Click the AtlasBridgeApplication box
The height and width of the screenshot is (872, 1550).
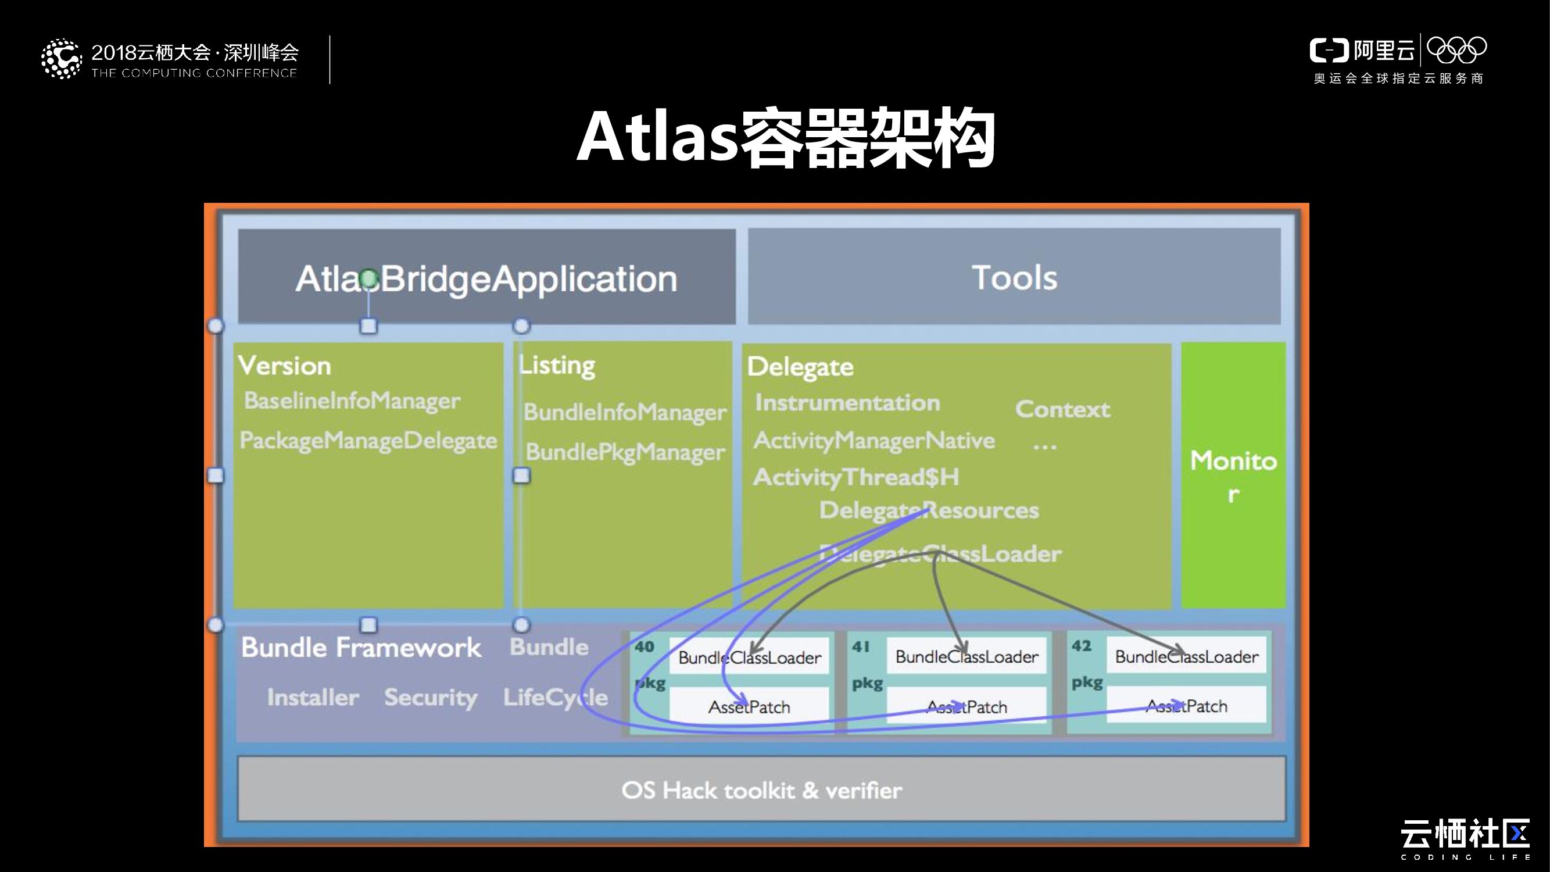click(x=486, y=278)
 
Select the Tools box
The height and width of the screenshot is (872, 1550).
click(x=1014, y=277)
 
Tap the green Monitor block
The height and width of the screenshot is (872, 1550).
click(x=1233, y=476)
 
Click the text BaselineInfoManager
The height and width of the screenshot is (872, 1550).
click(x=352, y=401)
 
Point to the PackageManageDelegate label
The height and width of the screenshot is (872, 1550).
click(x=368, y=441)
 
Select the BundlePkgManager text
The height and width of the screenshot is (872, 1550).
click(x=625, y=452)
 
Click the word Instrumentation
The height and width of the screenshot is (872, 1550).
click(x=847, y=403)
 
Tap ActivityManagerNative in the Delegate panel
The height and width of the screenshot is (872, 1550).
click(x=874, y=441)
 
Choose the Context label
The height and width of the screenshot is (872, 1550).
click(x=1062, y=409)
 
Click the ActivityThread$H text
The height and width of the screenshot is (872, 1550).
click(x=855, y=477)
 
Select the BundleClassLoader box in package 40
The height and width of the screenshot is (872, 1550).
click(x=749, y=657)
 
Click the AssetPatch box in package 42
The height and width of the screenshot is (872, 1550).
click(x=1186, y=706)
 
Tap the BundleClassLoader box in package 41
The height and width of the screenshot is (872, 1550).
click(x=966, y=656)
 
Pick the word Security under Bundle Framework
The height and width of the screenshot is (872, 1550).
click(x=430, y=697)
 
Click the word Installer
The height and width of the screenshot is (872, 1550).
click(x=313, y=697)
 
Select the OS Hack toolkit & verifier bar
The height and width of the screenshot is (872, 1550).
click(x=761, y=789)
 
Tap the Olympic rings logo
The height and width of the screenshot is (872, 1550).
click(x=1456, y=50)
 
